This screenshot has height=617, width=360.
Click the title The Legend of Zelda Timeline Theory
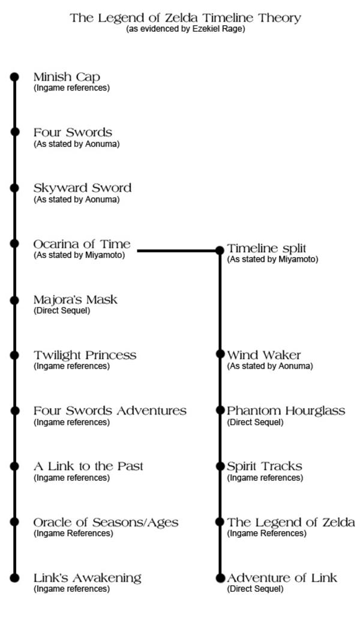coord(185,17)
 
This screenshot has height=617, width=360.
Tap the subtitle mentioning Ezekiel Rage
coord(185,29)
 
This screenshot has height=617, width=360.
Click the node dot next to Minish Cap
coord(15,77)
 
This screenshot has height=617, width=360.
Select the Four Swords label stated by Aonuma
coord(73,133)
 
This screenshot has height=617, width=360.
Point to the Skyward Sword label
coord(82,188)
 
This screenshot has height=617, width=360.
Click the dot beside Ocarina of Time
coord(15,243)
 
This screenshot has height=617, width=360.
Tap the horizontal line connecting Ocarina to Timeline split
coord(178,250)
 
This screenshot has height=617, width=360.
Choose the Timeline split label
coord(266,248)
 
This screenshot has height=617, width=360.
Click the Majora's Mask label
coord(76,299)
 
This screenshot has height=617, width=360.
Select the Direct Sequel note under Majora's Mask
coord(62,311)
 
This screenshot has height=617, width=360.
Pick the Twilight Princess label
coord(85,355)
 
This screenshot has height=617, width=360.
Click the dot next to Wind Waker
coord(220,354)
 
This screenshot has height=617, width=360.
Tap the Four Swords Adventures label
coord(110,411)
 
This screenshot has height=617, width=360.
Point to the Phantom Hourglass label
coord(286,411)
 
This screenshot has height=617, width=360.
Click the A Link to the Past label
coord(88,466)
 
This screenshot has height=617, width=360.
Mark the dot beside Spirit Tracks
coord(220,466)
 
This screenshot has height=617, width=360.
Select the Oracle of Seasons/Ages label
coord(106,522)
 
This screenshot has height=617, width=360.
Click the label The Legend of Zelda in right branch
coord(290,522)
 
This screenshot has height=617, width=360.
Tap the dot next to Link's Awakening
coord(15,577)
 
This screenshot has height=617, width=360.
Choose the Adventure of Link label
coord(282,578)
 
